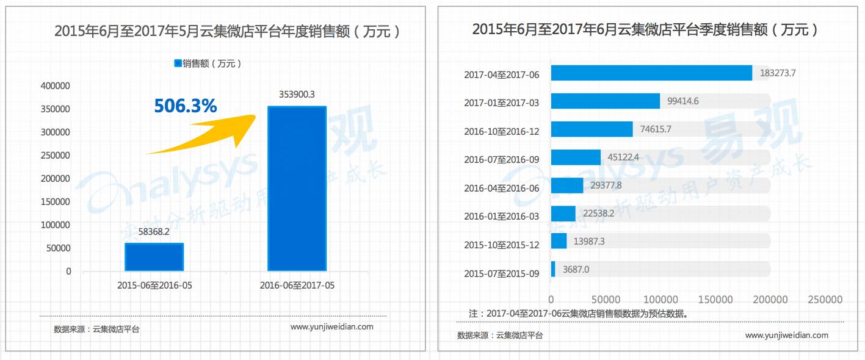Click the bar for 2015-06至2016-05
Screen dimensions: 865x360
(x=154, y=257)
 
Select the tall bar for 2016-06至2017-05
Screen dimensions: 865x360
(x=297, y=189)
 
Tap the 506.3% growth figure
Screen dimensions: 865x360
(x=186, y=106)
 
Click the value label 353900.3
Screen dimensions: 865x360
(x=297, y=94)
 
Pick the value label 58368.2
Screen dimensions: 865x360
(x=154, y=231)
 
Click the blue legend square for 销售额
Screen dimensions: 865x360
(x=178, y=63)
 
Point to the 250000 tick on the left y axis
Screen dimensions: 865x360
(x=55, y=155)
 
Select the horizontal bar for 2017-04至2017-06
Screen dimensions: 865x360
(x=651, y=73)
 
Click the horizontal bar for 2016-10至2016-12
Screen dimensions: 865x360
(x=592, y=129)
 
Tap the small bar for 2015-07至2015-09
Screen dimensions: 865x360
(x=553, y=269)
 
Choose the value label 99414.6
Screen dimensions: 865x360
(x=682, y=101)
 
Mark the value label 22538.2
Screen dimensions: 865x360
(x=598, y=213)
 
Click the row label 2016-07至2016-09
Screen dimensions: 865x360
(x=501, y=159)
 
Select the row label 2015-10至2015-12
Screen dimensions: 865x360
(x=501, y=245)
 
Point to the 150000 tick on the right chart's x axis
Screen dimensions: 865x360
(x=715, y=300)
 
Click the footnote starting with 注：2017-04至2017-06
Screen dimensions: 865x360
(x=579, y=313)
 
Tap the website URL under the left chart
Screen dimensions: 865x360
(x=331, y=326)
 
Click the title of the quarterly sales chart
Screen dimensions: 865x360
(x=645, y=29)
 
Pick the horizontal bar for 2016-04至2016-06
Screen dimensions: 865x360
(x=567, y=185)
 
